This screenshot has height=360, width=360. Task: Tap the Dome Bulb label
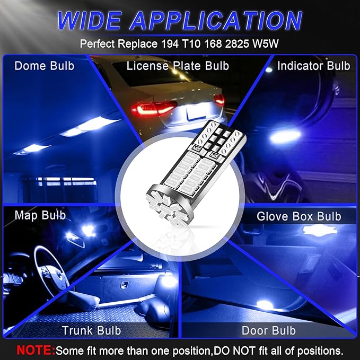(x=45, y=66)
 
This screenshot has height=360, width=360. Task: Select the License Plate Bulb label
(x=178, y=66)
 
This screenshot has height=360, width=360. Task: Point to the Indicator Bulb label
(x=313, y=66)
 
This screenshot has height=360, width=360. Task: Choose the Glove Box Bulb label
(x=299, y=216)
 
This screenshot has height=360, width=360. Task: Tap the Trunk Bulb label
(x=91, y=330)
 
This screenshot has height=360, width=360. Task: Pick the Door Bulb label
(x=269, y=330)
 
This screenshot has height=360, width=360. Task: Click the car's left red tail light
(x=154, y=109)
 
